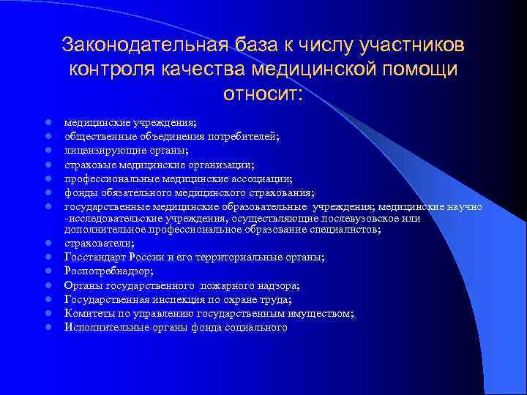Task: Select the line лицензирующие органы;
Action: pyautogui.click(x=126, y=151)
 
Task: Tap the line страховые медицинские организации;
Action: pyautogui.click(x=159, y=165)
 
